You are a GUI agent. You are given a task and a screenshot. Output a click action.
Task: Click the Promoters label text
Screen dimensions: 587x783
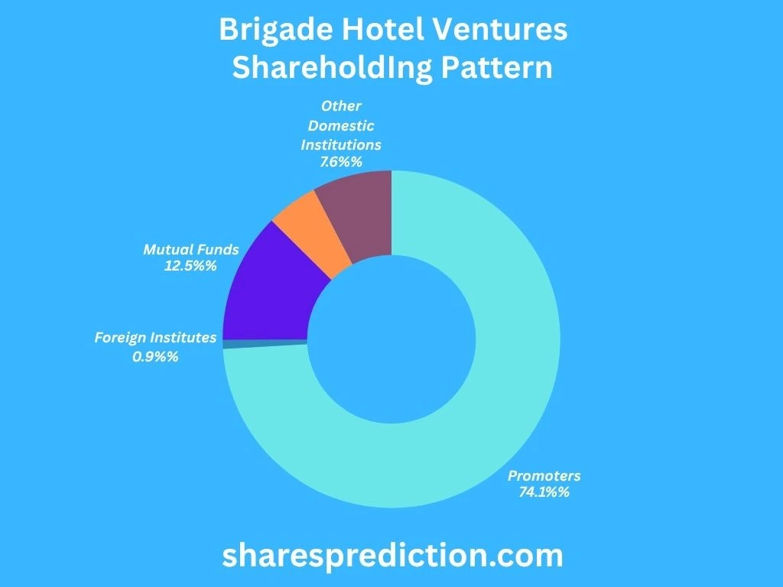pyautogui.click(x=544, y=475)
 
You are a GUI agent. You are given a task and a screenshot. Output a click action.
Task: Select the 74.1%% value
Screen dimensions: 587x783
pyautogui.click(x=544, y=492)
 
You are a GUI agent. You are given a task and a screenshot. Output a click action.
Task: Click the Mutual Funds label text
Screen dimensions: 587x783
pyautogui.click(x=191, y=249)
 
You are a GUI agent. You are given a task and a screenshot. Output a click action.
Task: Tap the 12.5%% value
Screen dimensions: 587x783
pyautogui.click(x=191, y=266)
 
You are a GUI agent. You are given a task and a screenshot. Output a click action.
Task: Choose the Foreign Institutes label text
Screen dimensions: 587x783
pyautogui.click(x=155, y=337)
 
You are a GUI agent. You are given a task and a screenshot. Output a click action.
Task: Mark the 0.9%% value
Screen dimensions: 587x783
pyautogui.click(x=155, y=355)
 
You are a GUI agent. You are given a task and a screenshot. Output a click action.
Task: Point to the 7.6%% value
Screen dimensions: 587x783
pyautogui.click(x=341, y=161)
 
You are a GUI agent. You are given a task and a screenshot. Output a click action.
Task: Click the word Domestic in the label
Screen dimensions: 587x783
pyautogui.click(x=341, y=125)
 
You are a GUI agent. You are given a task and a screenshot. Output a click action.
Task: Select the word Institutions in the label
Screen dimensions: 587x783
pyautogui.click(x=341, y=144)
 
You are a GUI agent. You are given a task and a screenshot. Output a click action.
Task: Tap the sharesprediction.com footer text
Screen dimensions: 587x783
pyautogui.click(x=392, y=555)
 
